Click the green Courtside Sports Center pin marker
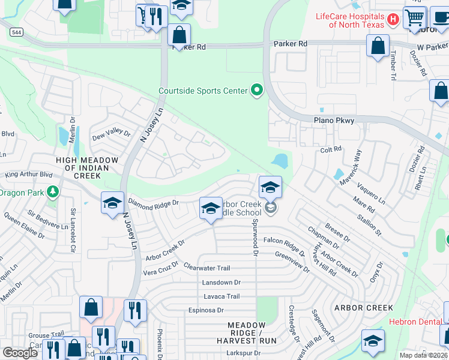[257, 91]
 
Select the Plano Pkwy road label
[334, 121]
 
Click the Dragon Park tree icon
[53, 192]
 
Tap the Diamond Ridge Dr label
[154, 203]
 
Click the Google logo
[20, 352]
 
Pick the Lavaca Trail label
[221, 296]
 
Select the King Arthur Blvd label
[29, 175]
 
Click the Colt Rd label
[331, 149]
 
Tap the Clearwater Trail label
[207, 268]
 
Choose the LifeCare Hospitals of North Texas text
[350, 20]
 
